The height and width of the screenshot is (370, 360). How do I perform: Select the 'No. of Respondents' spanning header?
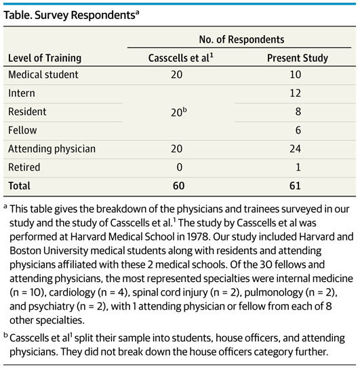coord(241,39)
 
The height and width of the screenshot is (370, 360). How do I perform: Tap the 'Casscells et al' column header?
coord(180,58)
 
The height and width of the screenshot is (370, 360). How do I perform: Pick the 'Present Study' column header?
coord(298,58)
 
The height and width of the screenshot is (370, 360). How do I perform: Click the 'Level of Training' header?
coord(45,58)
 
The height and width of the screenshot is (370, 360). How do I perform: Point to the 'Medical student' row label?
coord(43,75)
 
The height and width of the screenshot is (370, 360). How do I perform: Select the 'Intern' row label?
coord(22,94)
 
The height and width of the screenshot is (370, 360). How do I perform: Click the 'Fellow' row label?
coord(22,130)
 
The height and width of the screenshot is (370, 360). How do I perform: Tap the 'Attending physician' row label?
coord(52,149)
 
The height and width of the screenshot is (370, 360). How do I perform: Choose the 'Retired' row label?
coord(24,167)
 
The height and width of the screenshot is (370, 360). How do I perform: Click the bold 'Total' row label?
coord(19,186)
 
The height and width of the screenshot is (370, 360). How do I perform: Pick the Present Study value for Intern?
coord(296,94)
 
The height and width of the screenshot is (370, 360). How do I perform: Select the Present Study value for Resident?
coord(298,112)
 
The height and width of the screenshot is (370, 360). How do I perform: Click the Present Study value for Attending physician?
coord(296,149)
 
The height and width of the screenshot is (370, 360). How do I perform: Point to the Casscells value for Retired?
coord(180,167)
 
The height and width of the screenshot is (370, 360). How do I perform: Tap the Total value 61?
coord(295,186)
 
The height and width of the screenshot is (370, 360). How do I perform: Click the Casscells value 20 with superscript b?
coord(179,112)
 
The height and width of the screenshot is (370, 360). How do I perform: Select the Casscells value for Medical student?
coord(176,75)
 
